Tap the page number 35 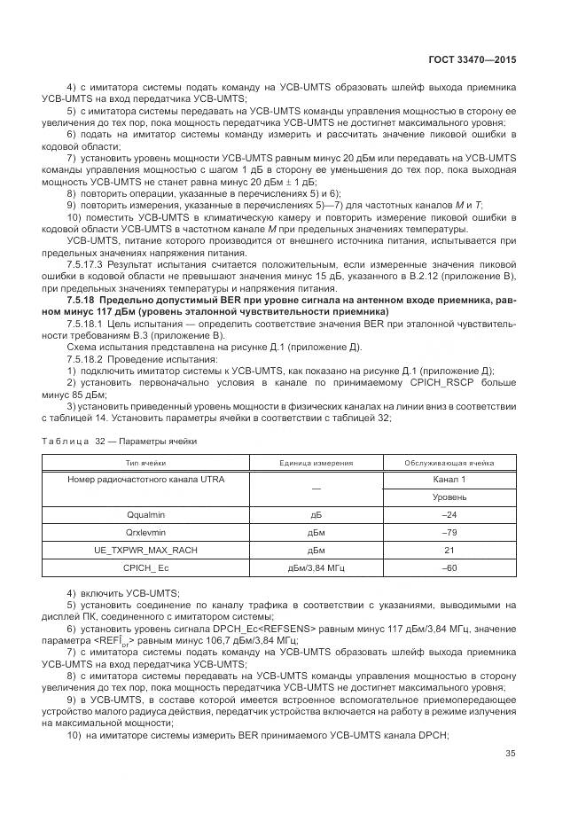(509, 755)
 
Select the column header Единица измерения (316, 463)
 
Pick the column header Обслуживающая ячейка (449, 463)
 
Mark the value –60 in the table (449, 567)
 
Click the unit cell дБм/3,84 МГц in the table (316, 567)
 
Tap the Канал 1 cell (449, 480)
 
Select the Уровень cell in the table (449, 497)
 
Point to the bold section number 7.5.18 (84, 301)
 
